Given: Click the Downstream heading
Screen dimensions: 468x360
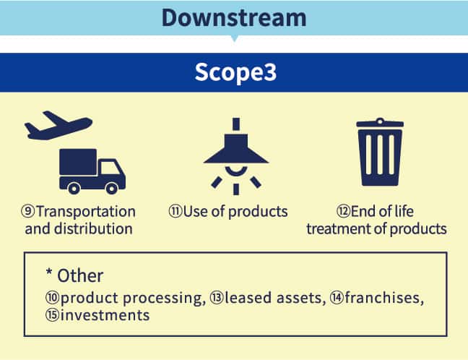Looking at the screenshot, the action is coord(234,17).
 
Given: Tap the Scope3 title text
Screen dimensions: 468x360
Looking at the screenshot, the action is coord(235,72).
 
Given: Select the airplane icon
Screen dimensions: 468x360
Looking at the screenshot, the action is coord(58,126).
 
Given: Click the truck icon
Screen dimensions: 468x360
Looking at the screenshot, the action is coord(92,171).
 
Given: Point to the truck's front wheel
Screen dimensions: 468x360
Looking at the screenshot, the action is coord(112,188).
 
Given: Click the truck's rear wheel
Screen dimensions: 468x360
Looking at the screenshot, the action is coord(74,188).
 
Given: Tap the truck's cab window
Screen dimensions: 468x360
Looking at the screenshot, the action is coord(110,168).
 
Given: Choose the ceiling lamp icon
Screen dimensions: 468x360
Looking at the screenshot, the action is coord(235,156).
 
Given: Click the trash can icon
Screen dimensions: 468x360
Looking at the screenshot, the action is coord(380,152).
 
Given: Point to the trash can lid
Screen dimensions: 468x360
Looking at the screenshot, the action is coord(380,123).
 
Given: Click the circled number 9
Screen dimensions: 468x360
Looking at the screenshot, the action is coord(28,211).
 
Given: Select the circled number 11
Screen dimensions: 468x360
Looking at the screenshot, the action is coord(175,211).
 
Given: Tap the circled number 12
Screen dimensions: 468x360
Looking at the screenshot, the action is coord(344,211).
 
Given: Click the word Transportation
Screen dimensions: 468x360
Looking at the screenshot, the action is coord(86,212).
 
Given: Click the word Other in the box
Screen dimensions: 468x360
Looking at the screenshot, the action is coord(80,275).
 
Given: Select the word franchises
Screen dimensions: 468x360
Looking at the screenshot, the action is coord(384,298).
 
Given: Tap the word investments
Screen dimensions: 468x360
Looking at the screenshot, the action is coord(105,315).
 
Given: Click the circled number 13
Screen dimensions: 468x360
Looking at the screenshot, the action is coord(217,298).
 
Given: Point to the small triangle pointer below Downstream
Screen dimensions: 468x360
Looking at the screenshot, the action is coord(234,38).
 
